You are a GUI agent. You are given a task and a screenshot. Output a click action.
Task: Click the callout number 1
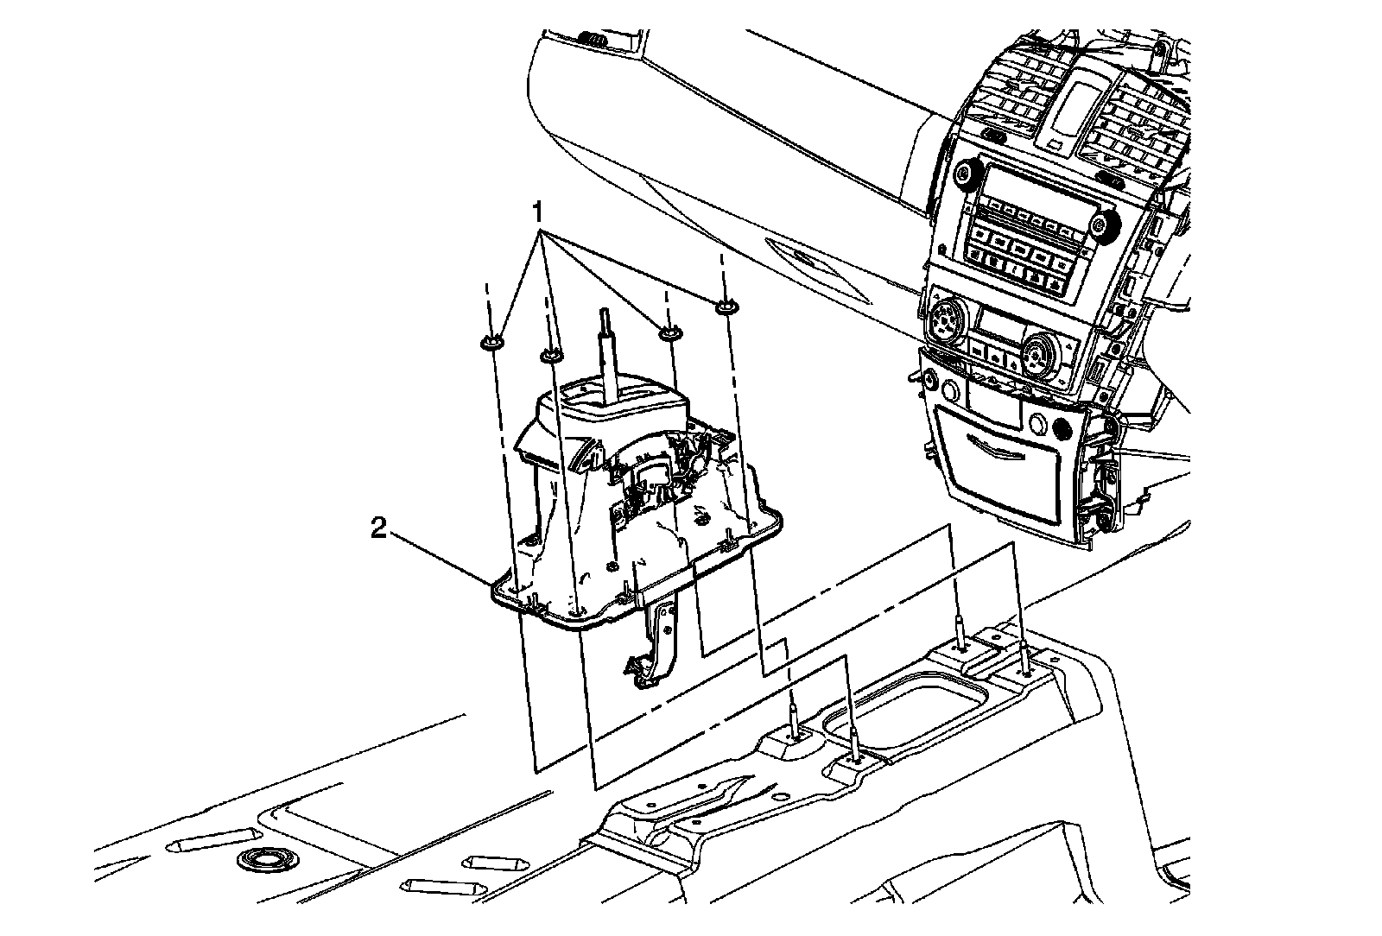click(537, 212)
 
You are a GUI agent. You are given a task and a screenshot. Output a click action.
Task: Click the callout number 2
click(378, 528)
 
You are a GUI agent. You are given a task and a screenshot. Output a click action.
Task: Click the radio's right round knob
click(1102, 226)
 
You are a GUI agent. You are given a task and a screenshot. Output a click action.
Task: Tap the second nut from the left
click(550, 354)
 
